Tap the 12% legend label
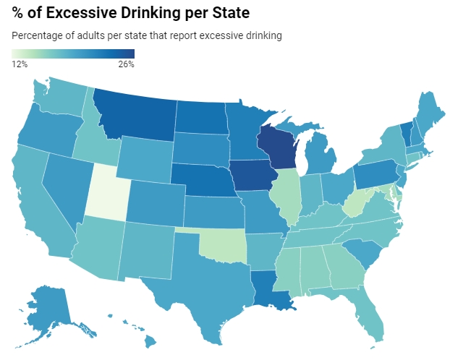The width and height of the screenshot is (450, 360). tap(20, 65)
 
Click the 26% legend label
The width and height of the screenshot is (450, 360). tap(126, 65)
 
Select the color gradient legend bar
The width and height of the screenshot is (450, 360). tap(73, 54)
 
